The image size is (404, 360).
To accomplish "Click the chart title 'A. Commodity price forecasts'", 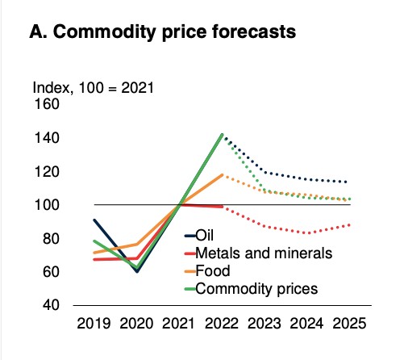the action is tap(163, 32).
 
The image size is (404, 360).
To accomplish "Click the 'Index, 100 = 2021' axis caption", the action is tap(94, 88).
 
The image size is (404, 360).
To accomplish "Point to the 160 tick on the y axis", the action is tap(47, 104).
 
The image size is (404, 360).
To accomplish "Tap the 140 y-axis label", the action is tap(47, 138).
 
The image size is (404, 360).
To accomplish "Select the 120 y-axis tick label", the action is tap(47, 171).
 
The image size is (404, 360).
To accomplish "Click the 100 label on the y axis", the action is tap(47, 205).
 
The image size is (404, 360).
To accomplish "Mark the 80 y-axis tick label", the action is tap(51, 238).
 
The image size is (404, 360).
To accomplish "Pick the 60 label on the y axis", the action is tap(51, 272).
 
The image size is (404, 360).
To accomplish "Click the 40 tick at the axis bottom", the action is tap(51, 305).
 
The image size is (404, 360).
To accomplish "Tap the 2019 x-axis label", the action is tap(94, 323).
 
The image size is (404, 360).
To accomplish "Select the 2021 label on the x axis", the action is tap(178, 323).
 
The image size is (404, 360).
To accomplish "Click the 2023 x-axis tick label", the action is tap(264, 323).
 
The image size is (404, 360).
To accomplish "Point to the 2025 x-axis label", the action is tap(349, 323).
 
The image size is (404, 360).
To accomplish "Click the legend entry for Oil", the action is tap(199, 236).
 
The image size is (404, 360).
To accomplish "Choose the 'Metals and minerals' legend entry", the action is tap(259, 253).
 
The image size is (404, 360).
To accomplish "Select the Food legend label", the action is tap(207, 270).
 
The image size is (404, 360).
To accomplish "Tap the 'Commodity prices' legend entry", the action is tap(251, 289).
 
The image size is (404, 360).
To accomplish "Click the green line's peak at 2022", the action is tap(223, 135).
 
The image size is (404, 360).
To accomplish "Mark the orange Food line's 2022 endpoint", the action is tap(223, 175).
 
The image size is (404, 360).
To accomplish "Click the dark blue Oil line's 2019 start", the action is tap(94, 220).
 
